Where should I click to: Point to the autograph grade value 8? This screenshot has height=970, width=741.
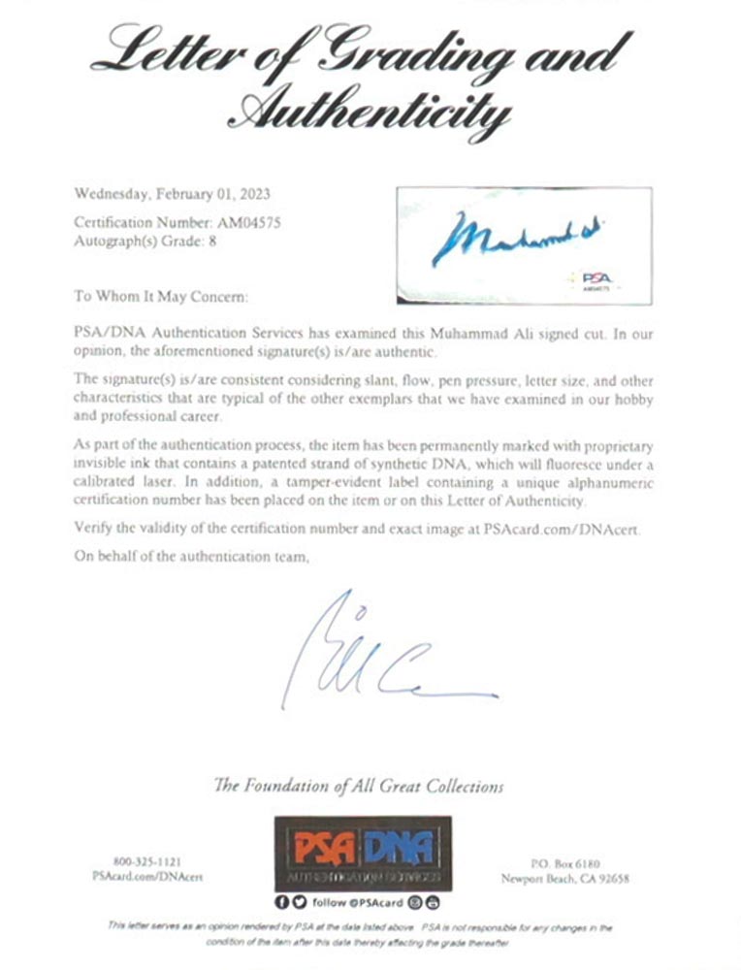212,242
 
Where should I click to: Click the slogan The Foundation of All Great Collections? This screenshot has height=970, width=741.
358,786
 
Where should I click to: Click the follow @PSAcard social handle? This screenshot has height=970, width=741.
359,902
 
